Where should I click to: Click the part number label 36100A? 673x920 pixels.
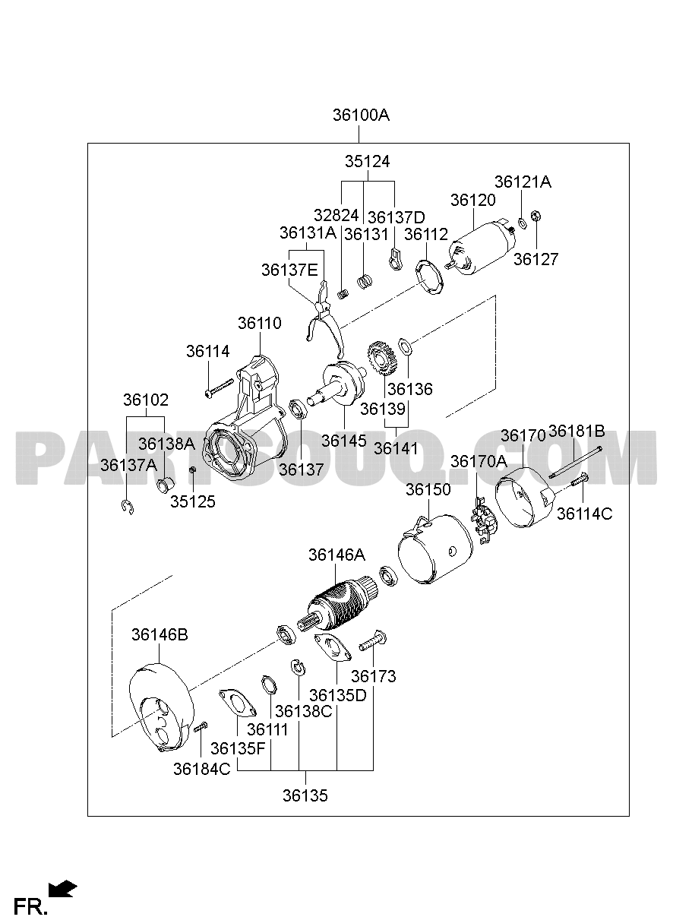tap(361, 115)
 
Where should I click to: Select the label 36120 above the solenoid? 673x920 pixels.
tap(473, 200)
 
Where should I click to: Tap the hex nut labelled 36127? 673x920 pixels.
tap(536, 216)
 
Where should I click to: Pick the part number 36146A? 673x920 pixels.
tap(336, 555)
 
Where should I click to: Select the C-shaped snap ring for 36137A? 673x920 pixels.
tap(128, 507)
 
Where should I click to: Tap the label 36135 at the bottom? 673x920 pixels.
tap(305, 795)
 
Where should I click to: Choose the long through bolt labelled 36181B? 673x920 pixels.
tap(575, 463)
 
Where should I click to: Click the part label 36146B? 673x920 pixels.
tap(160, 634)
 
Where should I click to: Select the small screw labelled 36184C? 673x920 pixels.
tap(201, 726)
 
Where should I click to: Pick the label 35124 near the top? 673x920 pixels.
tap(367, 161)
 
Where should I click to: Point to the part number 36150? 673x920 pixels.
tap(428, 489)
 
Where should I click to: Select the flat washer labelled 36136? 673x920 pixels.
tap(406, 346)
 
